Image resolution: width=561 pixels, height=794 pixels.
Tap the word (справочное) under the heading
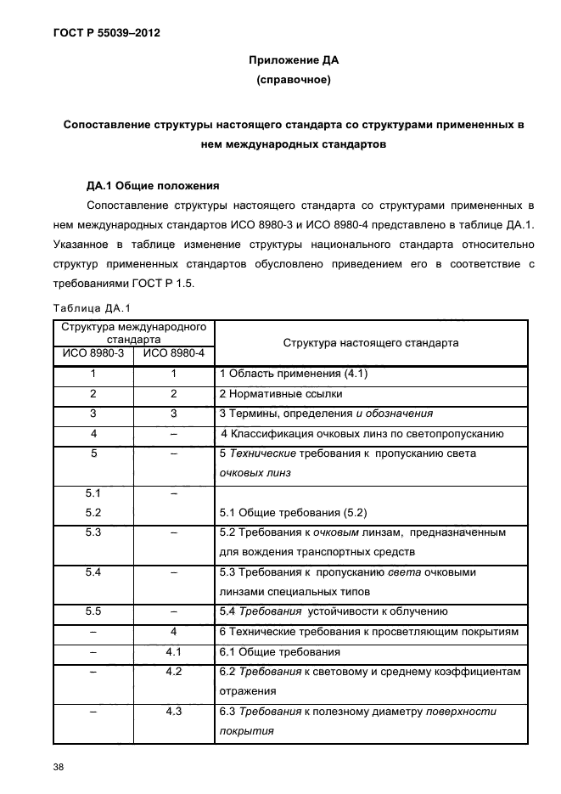click(x=293, y=82)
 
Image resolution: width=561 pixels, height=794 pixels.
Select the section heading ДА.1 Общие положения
click(x=154, y=184)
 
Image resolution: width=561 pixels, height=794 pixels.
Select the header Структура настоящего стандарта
click(x=370, y=343)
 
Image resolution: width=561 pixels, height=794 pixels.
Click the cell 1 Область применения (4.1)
click(x=294, y=374)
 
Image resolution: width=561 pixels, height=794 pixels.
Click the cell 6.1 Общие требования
click(x=280, y=652)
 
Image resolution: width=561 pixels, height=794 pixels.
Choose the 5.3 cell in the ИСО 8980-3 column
click(x=93, y=532)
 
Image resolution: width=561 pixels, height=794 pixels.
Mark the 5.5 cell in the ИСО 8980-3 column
click(x=93, y=611)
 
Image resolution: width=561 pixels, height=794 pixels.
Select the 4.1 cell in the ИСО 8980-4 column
click(x=173, y=652)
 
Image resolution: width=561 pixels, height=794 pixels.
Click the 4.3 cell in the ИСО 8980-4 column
click(x=173, y=711)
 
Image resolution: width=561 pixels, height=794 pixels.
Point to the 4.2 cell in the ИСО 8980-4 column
click(x=173, y=672)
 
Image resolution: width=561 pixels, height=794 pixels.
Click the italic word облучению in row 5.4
click(x=423, y=611)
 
